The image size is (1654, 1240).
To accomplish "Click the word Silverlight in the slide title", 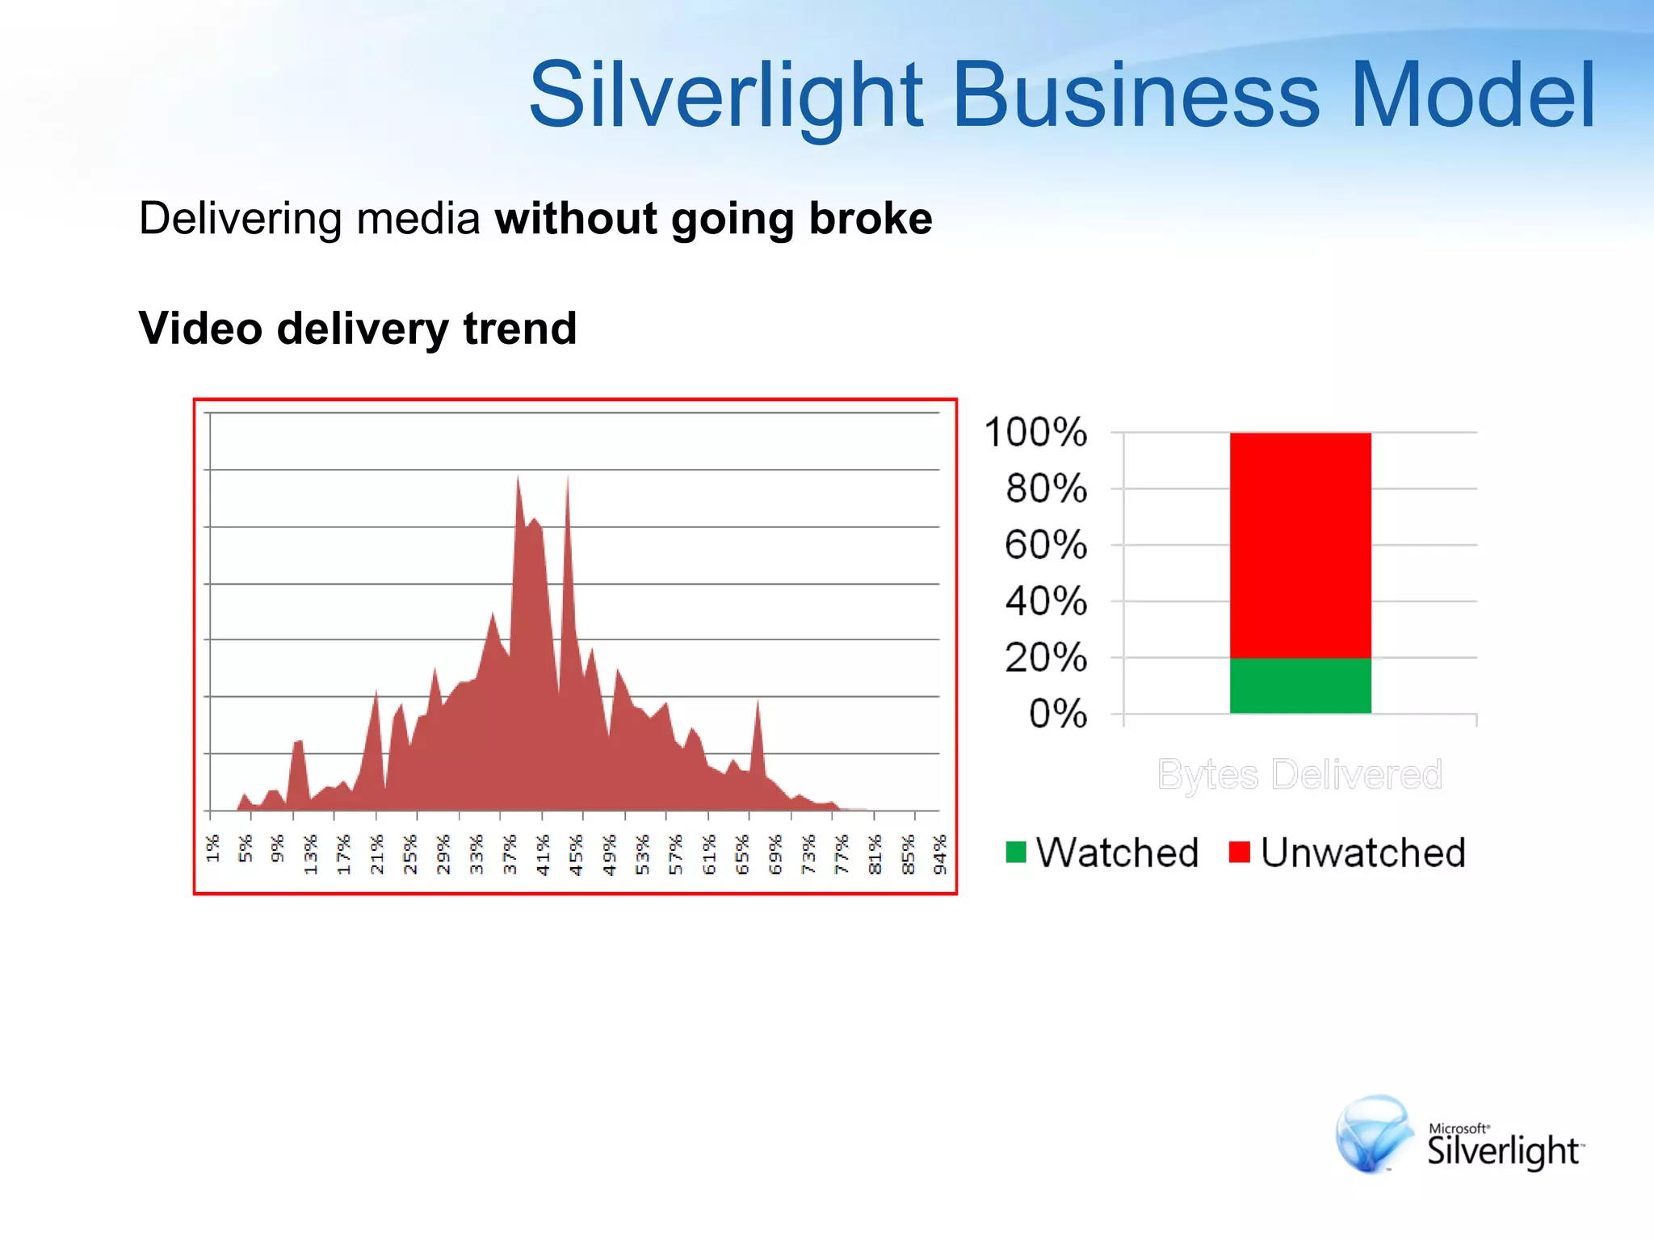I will [725, 95].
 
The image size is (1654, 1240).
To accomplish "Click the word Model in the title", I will [1472, 95].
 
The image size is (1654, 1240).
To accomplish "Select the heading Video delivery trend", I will [357, 329].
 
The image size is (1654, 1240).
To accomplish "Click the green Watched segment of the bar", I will [1299, 685].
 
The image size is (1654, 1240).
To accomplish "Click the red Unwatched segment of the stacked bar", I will [1299, 545].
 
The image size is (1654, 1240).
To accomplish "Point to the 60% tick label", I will [1046, 545].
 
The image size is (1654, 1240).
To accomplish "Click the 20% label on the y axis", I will [1046, 658].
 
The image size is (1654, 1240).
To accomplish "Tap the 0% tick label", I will [1057, 714].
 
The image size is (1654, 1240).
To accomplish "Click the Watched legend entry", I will [1102, 852].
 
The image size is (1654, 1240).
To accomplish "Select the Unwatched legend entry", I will [1347, 852].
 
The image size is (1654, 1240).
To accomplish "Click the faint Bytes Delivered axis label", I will [1299, 774].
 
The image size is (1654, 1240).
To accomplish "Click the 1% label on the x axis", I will [212, 848].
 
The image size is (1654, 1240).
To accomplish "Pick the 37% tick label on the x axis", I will [510, 854].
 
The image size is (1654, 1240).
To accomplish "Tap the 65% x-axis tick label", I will [742, 854].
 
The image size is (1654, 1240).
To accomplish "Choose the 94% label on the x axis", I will [939, 854].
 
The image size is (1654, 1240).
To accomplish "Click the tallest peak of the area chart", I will [518, 480].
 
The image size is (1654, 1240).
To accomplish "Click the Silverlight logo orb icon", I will [1374, 1132].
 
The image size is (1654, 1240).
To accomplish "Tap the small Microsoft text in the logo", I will [1458, 1128].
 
